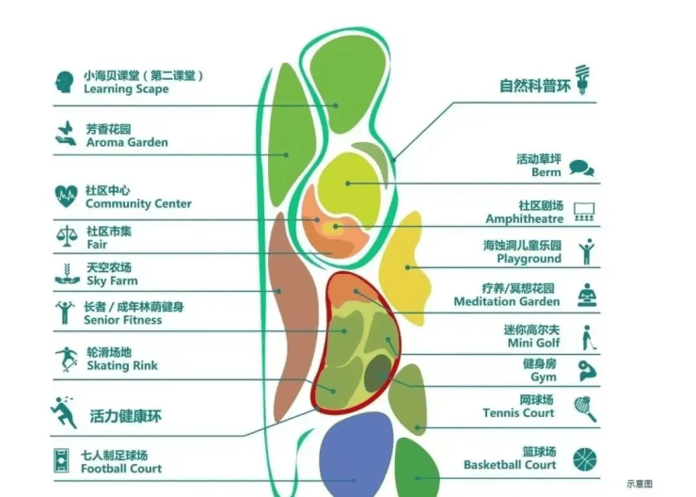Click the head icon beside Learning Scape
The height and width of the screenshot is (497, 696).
click(65, 82)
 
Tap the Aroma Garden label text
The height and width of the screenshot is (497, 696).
click(127, 142)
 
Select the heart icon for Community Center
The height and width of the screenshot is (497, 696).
click(66, 196)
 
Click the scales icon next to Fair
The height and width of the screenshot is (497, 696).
click(67, 236)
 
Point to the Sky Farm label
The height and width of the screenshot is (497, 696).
click(112, 281)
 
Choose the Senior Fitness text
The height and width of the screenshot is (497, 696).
click(123, 320)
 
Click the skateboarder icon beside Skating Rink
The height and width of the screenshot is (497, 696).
click(67, 360)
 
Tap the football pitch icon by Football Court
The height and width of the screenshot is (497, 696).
click(61, 460)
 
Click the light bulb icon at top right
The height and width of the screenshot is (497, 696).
click(583, 79)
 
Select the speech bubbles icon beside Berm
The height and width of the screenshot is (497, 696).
click(581, 168)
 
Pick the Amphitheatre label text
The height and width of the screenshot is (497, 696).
click(524, 219)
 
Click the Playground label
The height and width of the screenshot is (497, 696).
click(530, 259)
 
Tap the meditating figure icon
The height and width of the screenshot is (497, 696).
click(587, 295)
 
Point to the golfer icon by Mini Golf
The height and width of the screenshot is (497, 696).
click(589, 338)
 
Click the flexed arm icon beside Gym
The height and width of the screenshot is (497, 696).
click(588, 371)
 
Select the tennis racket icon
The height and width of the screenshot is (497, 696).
click(585, 409)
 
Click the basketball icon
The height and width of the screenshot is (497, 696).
click(585, 459)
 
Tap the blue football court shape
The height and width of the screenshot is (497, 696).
click(356, 455)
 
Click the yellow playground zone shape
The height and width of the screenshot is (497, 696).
click(404, 267)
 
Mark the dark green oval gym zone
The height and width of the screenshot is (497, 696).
click(378, 373)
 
